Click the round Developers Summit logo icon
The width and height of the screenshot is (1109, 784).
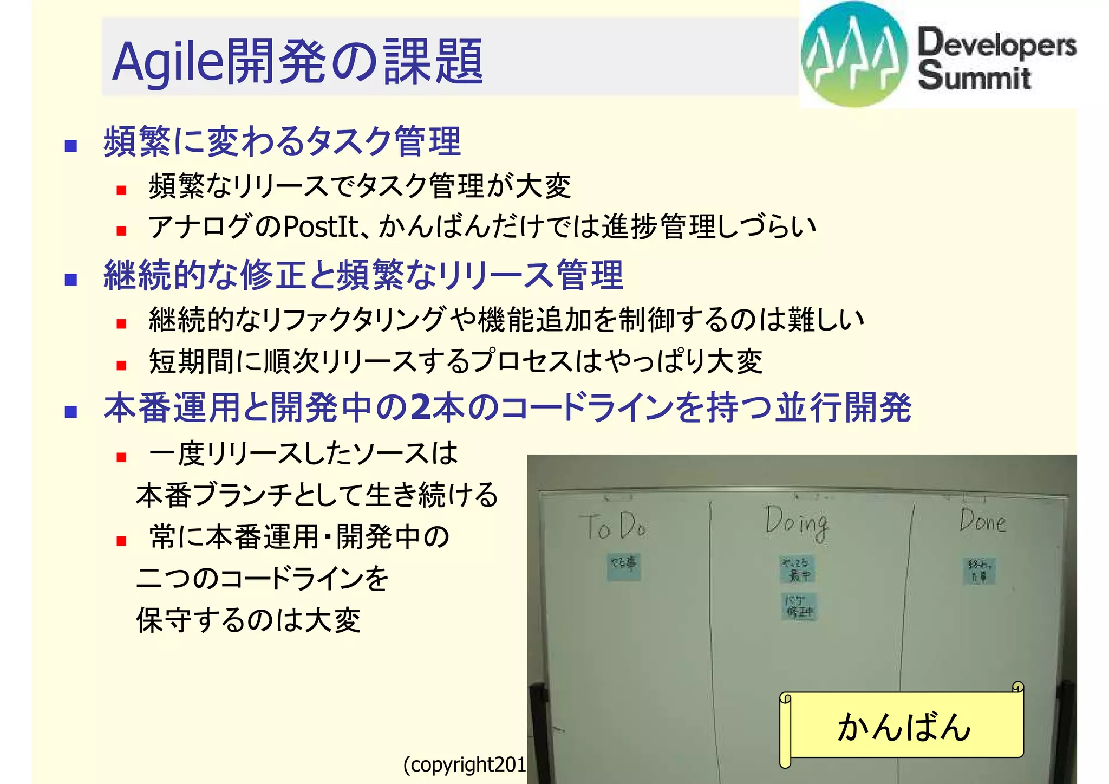point(854,54)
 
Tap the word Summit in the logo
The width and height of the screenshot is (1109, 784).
point(974,76)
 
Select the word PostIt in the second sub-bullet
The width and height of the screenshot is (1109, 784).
point(321,226)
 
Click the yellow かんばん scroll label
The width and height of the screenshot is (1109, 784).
point(903,727)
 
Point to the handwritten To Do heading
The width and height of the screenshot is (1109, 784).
point(616,526)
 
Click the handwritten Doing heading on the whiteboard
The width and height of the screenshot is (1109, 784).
point(796,523)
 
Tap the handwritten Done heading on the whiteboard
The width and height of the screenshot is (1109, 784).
point(982,521)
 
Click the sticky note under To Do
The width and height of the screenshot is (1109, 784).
point(623,566)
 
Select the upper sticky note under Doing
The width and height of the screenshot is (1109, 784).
point(797,569)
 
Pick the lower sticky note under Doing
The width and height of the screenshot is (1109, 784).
point(799,606)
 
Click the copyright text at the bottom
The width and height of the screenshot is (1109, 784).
point(465,764)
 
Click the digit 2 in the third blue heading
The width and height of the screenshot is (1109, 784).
point(420,407)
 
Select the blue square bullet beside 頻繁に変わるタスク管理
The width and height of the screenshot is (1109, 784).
point(70,146)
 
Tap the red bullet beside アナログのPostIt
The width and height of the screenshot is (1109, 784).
point(121,231)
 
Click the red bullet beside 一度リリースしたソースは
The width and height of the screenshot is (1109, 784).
point(121,457)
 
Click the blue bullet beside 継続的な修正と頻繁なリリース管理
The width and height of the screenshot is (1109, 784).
point(70,280)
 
